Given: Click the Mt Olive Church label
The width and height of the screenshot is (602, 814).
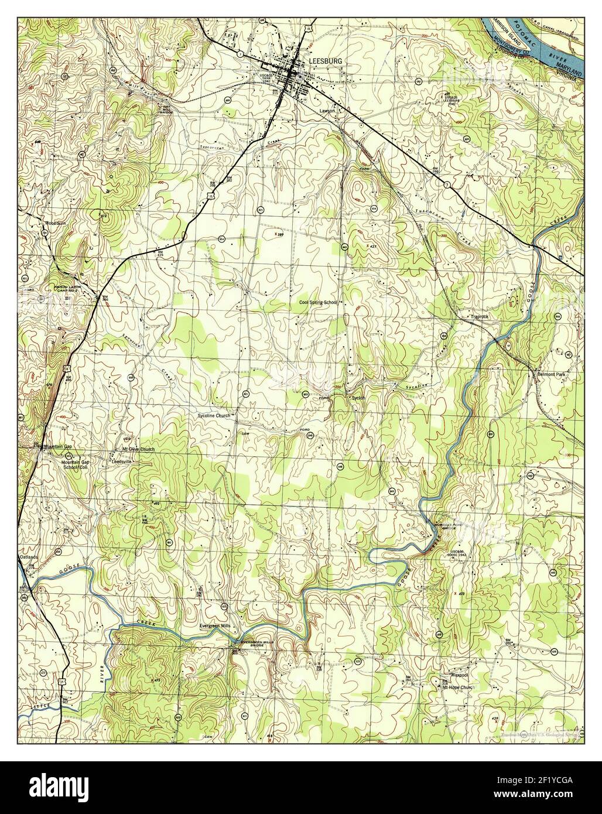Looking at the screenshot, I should pos(138,449).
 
